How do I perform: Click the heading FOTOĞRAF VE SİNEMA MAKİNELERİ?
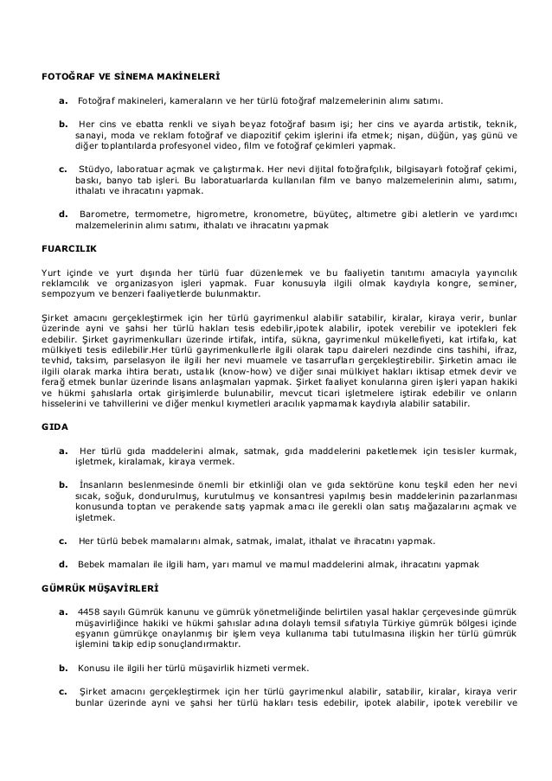coord(114,75)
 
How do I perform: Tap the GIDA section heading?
coord(56,426)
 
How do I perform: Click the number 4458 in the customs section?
coord(90,611)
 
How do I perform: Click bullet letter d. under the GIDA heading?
coord(63,564)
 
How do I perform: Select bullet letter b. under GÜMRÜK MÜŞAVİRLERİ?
coord(63,668)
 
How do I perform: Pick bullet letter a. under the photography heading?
coord(63,100)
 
